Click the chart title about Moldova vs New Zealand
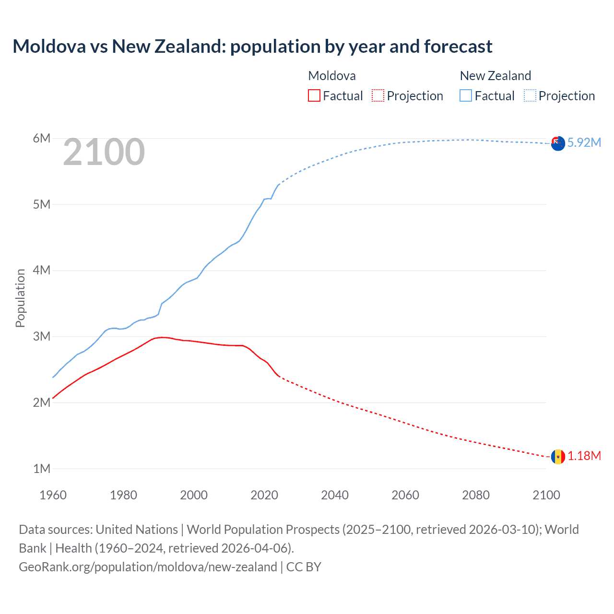coord(252,47)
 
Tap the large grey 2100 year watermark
coord(104,152)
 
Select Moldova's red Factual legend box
coord(314,95)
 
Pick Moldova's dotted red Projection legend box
coord(378,95)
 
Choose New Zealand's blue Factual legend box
coord(465,95)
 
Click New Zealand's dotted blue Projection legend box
coord(530,95)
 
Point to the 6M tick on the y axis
coord(42,139)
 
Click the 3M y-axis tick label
coord(42,336)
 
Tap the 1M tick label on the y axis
coord(42,469)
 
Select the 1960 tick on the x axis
coord(53,495)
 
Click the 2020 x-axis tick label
coord(264,495)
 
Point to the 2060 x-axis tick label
coord(405,495)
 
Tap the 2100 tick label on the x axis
coord(546,495)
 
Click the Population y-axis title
coord(20,298)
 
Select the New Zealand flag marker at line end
coord(558,143)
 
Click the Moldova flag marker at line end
coord(558,457)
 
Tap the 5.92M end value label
coord(584,142)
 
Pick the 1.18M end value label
coord(584,456)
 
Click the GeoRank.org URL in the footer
coord(148,567)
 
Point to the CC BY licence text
coord(304,567)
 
